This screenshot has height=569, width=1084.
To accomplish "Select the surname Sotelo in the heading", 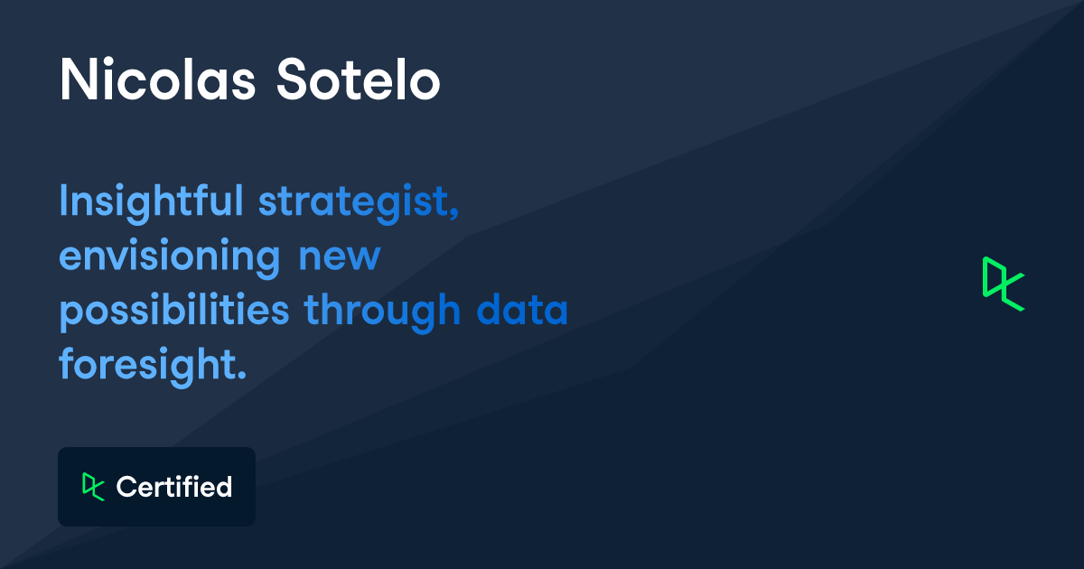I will pyautogui.click(x=358, y=79).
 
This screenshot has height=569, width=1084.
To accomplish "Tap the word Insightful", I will pyautogui.click(x=151, y=201).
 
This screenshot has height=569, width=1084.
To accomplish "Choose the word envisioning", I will pyautogui.click(x=170, y=257).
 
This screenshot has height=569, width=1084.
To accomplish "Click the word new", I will pyautogui.click(x=340, y=257).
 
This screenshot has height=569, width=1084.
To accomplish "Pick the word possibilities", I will pyautogui.click(x=174, y=312).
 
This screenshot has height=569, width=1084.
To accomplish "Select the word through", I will pyautogui.click(x=382, y=312).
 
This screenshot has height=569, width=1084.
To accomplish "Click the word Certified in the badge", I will pyautogui.click(x=174, y=487).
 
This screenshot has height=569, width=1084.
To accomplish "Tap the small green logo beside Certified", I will pyautogui.click(x=93, y=486).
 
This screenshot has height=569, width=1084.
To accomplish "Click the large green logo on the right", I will pyautogui.click(x=1004, y=284).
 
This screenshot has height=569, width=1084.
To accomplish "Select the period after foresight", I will pyautogui.click(x=242, y=375).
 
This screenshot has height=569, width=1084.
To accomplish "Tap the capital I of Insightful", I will pyautogui.click(x=63, y=200).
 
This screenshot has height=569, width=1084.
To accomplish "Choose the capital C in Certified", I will pyautogui.click(x=126, y=487).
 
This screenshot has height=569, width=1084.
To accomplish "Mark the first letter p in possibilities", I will pyautogui.click(x=70, y=314).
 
